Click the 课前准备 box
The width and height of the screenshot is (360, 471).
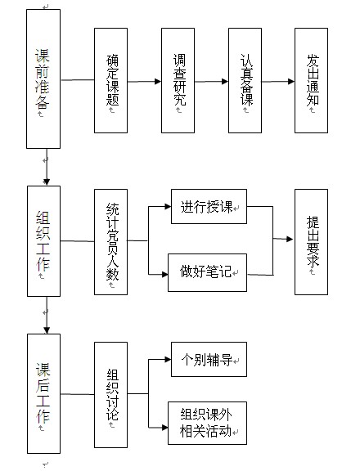click(x=43, y=78)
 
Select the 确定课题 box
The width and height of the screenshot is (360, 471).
click(x=111, y=80)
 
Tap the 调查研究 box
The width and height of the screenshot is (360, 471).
click(x=178, y=80)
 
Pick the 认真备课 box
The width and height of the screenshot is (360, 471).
click(x=245, y=80)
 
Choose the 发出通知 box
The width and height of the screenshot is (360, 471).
click(x=312, y=80)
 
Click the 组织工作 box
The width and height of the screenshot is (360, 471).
click(x=44, y=241)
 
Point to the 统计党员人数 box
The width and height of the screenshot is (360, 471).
click(x=111, y=242)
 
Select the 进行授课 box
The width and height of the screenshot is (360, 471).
click(x=209, y=206)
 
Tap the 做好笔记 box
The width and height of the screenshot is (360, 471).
click(x=207, y=273)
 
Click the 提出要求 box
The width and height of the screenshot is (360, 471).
click(x=312, y=242)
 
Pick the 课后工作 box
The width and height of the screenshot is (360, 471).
click(x=44, y=394)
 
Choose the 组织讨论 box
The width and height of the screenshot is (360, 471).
click(x=111, y=395)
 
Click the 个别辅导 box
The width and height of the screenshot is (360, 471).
click(x=209, y=359)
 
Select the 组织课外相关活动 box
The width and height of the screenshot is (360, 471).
click(x=207, y=424)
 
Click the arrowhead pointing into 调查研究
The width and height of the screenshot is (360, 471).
click(x=158, y=82)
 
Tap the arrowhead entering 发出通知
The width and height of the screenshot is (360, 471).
click(x=291, y=82)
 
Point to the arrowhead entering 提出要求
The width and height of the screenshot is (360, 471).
click(x=290, y=239)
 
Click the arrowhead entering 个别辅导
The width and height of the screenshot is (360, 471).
click(x=168, y=359)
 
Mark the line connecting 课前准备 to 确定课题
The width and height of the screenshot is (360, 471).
click(x=78, y=80)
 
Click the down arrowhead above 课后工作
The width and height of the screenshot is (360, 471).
click(x=47, y=330)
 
